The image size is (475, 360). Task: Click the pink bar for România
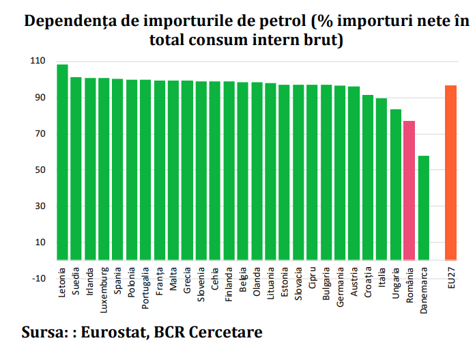coord(409,191)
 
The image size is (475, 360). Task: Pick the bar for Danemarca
coord(423,208)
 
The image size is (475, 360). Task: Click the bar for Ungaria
coord(396,184)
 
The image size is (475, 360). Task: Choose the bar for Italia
coord(382,179)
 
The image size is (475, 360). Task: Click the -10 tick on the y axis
coord(38,279)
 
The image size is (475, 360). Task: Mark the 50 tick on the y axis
coord(40,170)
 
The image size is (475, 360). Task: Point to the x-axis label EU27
coord(451,282)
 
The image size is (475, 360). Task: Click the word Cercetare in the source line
coord(229,333)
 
